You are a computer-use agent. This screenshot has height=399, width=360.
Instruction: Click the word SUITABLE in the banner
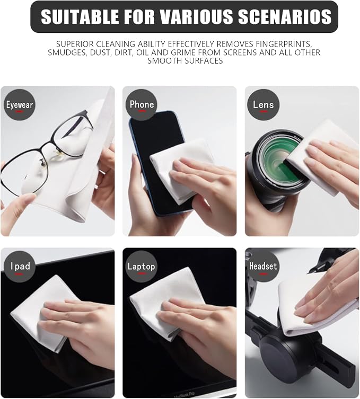pos(80,16)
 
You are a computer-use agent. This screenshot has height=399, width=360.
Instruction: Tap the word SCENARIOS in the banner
pos(285,16)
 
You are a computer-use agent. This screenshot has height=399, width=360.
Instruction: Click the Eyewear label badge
pos(19,105)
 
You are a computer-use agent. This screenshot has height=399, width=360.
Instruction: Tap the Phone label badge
pos(142,104)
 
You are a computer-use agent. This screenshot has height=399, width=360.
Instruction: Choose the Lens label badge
pos(264,104)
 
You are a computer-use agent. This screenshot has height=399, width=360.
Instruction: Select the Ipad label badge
pos(20,267)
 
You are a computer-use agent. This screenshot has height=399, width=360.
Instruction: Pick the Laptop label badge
pos(142,267)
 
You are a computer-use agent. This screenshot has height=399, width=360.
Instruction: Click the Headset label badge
pos(263,267)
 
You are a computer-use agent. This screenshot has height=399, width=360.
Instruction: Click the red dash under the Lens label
pos(264,112)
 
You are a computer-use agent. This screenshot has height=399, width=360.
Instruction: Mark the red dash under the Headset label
pos(264,274)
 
